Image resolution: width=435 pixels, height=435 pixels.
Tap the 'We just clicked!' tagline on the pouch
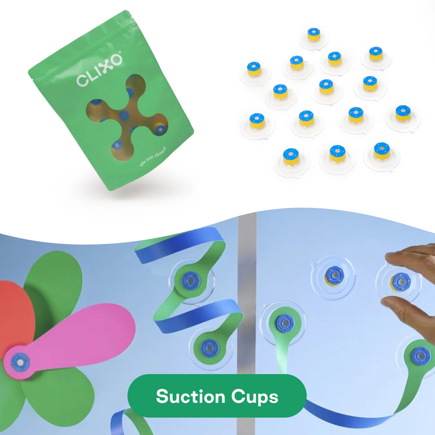pyautogui.click(x=153, y=157)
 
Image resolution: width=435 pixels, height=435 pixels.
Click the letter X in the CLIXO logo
pyautogui.click(x=105, y=66)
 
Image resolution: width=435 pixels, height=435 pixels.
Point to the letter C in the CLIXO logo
pyautogui.click(x=82, y=80)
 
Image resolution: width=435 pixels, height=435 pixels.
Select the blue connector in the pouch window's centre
pyautogui.click(x=124, y=115)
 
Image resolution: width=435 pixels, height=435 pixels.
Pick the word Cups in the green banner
pyautogui.click(x=254, y=397)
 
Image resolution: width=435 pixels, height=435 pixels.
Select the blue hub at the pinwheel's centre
pyautogui.click(x=20, y=362)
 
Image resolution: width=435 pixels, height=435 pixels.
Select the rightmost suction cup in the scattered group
pyautogui.click(x=403, y=118)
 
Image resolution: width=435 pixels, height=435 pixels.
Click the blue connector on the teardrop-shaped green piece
pyautogui.click(x=285, y=323)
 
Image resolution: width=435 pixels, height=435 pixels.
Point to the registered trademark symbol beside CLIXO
pyautogui.click(x=120, y=52)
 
